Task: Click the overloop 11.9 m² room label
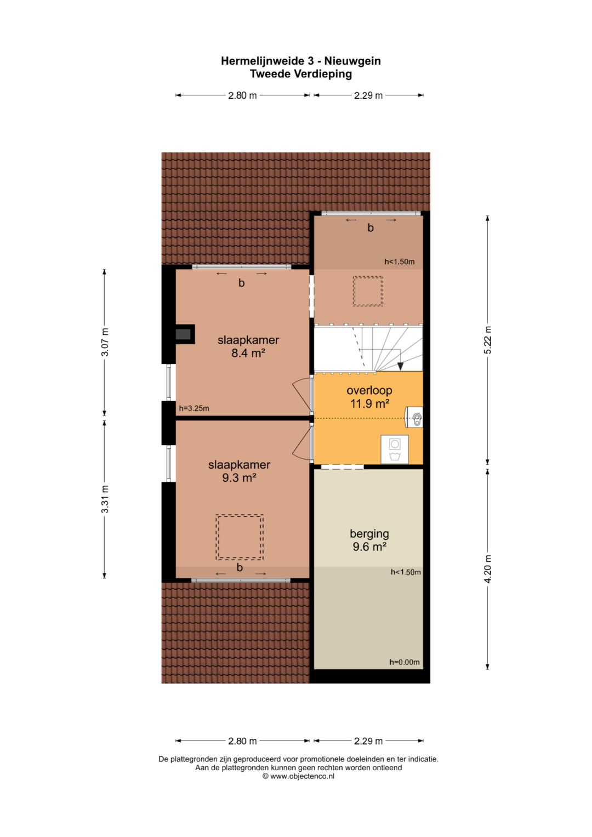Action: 369,397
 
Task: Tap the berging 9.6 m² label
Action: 369,540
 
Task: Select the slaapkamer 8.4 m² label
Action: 248,346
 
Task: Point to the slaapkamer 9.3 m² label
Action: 239,471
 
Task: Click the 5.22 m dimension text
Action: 488,340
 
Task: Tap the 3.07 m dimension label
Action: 105,342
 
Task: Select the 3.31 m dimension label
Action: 105,499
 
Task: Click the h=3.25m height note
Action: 194,408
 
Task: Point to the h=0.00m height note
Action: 405,662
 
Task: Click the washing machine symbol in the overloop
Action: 395,449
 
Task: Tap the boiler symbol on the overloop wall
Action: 414,417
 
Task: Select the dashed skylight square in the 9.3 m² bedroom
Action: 240,537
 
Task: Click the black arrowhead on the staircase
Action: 400,366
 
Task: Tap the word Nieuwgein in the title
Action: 352,61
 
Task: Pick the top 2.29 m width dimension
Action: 368,95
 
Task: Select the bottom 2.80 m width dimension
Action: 242,741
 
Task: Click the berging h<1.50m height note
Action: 406,572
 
